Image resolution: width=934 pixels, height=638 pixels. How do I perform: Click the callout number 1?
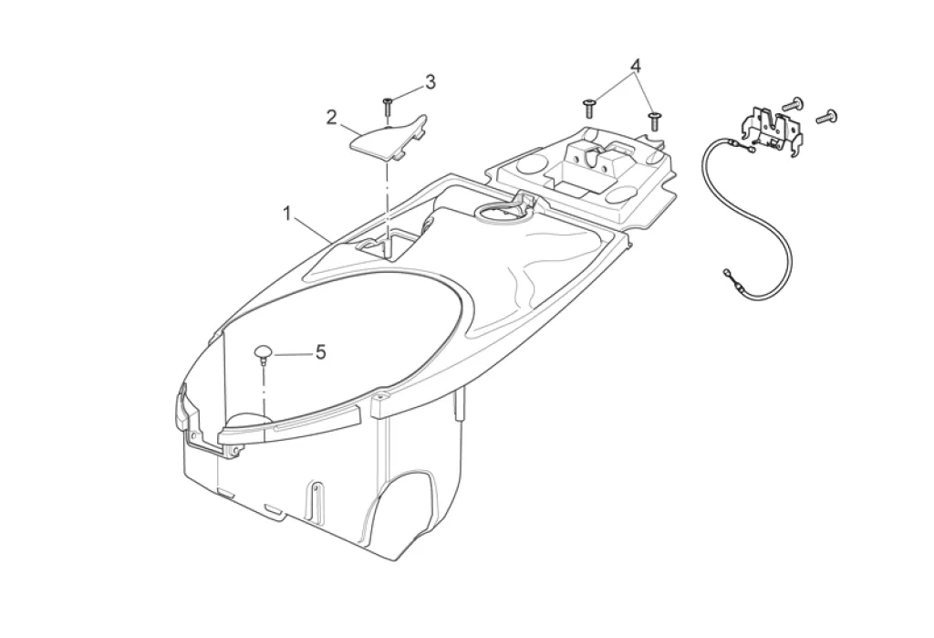(x=286, y=214)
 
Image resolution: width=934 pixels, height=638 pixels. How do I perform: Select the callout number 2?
(x=332, y=117)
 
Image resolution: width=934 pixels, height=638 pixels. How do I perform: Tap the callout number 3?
(x=430, y=82)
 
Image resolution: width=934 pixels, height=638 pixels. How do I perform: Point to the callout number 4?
(x=635, y=66)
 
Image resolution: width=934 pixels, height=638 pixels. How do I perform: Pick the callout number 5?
(x=320, y=351)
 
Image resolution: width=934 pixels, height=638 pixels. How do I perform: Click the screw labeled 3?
(x=388, y=105)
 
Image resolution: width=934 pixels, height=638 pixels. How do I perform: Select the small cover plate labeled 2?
(x=388, y=140)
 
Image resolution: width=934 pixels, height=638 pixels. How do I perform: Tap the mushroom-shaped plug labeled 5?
(x=264, y=352)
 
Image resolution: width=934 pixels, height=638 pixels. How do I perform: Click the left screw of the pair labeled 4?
(x=588, y=105)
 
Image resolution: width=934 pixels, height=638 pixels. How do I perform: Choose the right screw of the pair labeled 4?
(x=653, y=119)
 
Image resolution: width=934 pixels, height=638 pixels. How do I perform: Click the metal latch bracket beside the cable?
(x=774, y=129)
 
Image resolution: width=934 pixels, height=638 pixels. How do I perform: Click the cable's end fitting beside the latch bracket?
(x=749, y=151)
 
